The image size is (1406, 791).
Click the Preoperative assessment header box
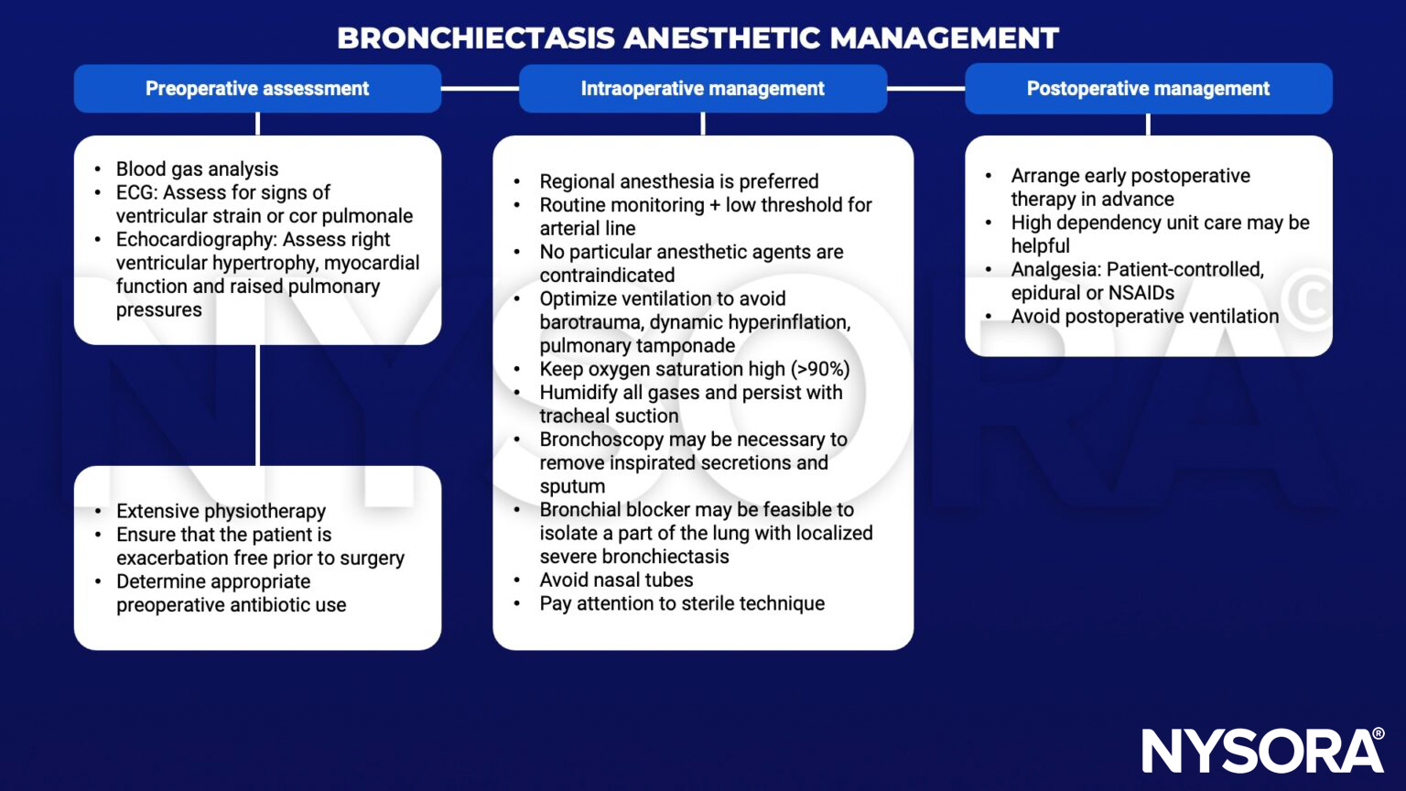257,89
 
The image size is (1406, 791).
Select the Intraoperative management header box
702,89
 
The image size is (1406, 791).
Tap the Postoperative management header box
1148,89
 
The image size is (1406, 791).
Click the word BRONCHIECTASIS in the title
476,38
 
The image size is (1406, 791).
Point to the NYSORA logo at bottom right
1262,751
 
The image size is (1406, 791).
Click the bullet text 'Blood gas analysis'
197,169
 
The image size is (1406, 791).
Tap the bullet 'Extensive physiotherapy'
221,512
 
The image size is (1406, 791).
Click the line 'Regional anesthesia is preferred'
678,182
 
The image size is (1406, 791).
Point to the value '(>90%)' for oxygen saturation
820,369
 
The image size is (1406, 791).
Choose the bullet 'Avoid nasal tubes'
616,580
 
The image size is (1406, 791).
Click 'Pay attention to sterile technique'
682,603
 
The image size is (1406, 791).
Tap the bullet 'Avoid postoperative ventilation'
1144,317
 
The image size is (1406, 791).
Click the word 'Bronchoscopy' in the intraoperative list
601,439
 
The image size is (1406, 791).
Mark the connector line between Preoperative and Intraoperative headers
480,89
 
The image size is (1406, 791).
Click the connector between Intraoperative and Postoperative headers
925,89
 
